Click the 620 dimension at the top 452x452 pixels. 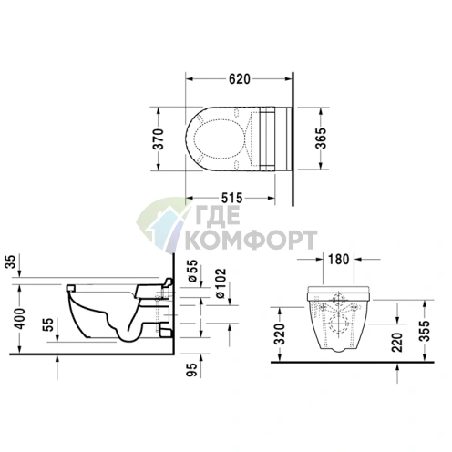pos(240,79)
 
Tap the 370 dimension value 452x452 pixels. pos(158,139)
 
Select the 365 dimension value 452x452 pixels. pos(321,139)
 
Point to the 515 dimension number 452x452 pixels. pos(231,198)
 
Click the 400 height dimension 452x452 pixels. pos(20,318)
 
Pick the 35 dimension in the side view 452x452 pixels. pos(10,262)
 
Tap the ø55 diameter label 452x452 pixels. pos(192,271)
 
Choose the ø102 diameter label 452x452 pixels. pos(221,283)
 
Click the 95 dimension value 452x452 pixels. pos(192,370)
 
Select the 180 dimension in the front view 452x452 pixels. pos(338,260)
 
